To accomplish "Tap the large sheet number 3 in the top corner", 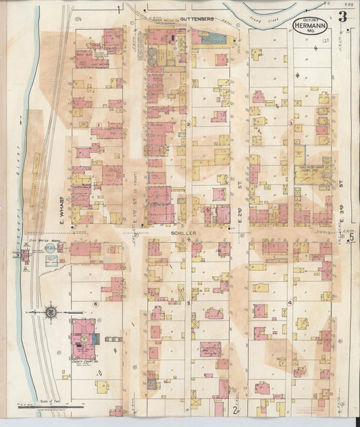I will coord(343,17).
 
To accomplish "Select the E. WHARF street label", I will coord(60,210).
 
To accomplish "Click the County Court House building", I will coord(84,337).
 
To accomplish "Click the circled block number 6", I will coord(97,303).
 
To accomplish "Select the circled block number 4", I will coord(290,302).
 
